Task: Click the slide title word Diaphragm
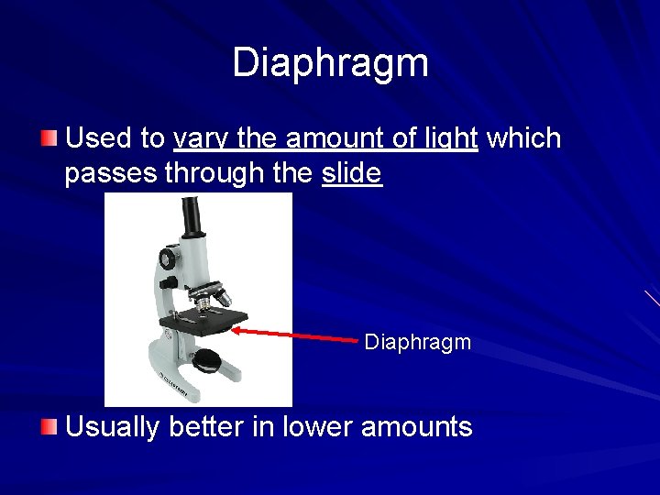(330, 63)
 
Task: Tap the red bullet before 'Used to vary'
(49, 138)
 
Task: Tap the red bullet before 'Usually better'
(49, 426)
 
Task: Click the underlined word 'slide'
(352, 173)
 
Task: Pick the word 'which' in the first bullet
(523, 138)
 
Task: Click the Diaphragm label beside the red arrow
(417, 343)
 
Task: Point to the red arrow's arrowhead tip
(234, 326)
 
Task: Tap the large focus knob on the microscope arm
(168, 259)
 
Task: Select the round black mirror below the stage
(208, 361)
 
